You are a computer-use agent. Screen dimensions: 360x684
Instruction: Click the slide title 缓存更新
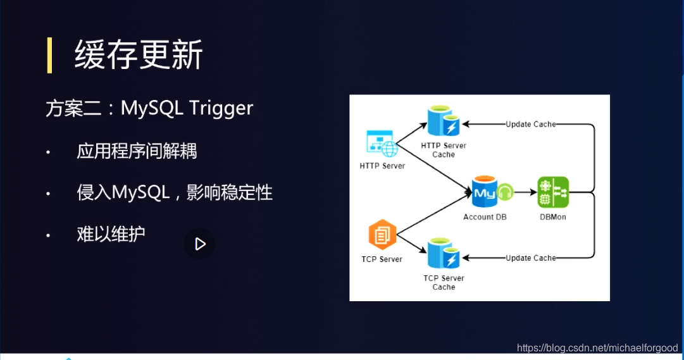[x=139, y=55]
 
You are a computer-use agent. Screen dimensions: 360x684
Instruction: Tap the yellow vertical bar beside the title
[x=49, y=55]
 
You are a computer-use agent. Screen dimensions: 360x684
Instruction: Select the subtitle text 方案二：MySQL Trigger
[x=149, y=108]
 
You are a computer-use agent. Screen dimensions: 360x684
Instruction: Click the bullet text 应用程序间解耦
[x=137, y=152]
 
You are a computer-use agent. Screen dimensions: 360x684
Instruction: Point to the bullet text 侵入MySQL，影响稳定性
[x=175, y=192]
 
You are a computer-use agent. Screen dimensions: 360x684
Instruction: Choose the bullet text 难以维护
[x=111, y=233]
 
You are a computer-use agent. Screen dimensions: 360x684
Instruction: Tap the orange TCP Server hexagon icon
[x=382, y=236]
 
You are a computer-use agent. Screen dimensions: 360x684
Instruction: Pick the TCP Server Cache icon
[x=443, y=254]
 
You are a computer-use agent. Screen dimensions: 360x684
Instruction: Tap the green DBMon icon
[x=553, y=192]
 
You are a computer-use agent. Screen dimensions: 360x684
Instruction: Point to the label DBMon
[x=553, y=217]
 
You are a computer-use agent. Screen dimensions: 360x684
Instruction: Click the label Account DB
[x=485, y=217]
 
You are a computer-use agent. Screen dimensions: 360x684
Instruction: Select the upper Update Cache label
[x=530, y=125]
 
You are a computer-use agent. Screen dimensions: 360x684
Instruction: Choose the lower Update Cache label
[x=530, y=258]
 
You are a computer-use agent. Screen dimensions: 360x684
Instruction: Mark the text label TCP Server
[x=382, y=259]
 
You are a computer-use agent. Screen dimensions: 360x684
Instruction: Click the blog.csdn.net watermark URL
[x=597, y=348]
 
